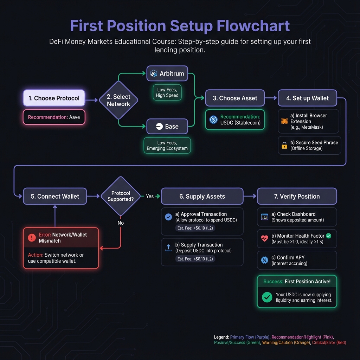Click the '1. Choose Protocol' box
(54, 98)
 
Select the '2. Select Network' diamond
(118, 100)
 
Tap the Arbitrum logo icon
(154, 74)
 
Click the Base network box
(167, 127)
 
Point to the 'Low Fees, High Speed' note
(167, 92)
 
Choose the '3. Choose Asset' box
(235, 98)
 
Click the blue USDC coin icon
(213, 120)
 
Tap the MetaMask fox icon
(284, 121)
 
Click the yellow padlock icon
(284, 145)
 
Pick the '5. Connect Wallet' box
(55, 196)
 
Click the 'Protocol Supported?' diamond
(121, 196)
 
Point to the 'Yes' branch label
(150, 196)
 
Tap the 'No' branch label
(121, 223)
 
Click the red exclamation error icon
(32, 238)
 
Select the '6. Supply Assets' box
(202, 196)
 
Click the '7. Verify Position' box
(297, 196)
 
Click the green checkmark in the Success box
(267, 297)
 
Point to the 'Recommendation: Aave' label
(54, 117)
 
